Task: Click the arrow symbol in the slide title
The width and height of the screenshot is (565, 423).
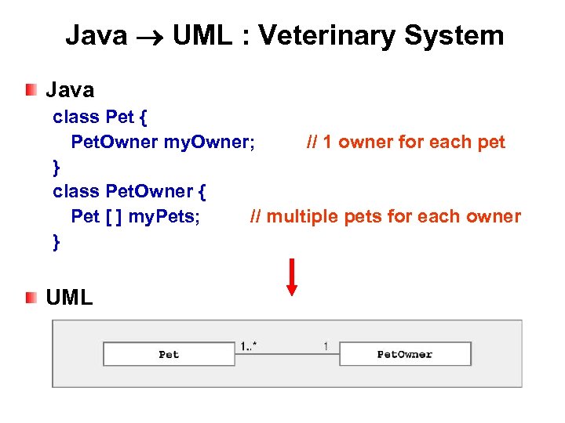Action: (149, 36)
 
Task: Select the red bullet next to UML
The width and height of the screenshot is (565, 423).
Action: (31, 297)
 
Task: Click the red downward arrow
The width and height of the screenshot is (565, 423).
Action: (292, 277)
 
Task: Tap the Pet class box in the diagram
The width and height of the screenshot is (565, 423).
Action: (169, 354)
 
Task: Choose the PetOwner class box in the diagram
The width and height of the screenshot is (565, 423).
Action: (404, 354)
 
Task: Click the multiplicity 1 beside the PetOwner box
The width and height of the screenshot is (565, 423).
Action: (326, 345)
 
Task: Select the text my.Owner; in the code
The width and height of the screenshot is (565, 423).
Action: (209, 142)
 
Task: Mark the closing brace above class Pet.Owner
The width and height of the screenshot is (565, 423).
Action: (56, 167)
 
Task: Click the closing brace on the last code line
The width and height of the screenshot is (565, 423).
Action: (56, 242)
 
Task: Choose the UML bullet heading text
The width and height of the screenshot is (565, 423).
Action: (69, 297)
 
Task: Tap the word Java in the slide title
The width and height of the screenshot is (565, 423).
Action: (96, 35)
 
